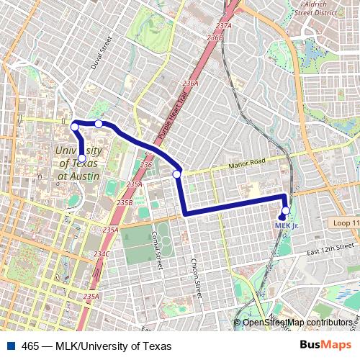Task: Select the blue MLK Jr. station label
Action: click(287, 225)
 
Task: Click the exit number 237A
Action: click(223, 26)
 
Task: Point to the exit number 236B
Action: click(215, 37)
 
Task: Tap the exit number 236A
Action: click(190, 84)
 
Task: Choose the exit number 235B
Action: click(125, 203)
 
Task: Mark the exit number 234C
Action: click(101, 254)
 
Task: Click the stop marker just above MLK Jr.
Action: click(285, 211)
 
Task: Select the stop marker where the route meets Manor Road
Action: click(176, 174)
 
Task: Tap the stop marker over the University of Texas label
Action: click(81, 158)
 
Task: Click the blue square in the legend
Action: click(10, 346)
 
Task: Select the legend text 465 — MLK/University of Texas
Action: click(96, 346)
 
